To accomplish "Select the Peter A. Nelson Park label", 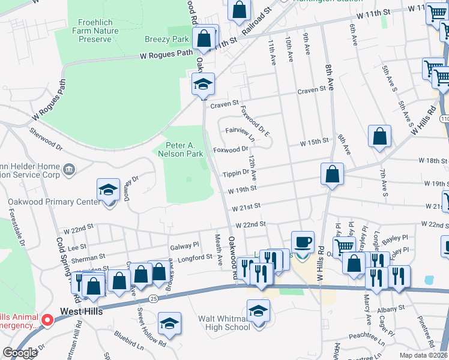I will [x=185, y=149].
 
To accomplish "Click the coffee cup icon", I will [x=303, y=242].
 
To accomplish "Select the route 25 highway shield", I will [x=154, y=298].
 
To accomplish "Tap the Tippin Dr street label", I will [x=236, y=172].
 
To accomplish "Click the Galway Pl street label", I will [x=184, y=245].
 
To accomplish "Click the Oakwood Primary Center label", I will [x=54, y=202].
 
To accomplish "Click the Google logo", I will [x=20, y=353].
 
